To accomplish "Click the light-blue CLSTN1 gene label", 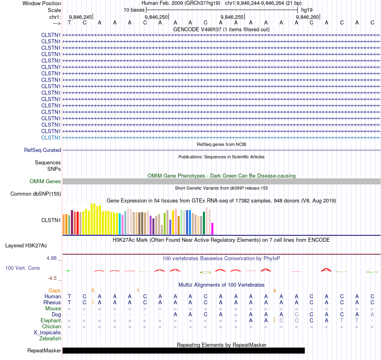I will (x=51, y=138).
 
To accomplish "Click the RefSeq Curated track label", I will (x=43, y=150).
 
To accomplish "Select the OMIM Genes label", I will (x=45, y=182).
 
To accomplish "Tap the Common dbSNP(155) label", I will (x=35, y=194).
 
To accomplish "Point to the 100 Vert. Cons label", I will (x=22, y=268).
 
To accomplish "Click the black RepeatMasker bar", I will (x=184, y=350).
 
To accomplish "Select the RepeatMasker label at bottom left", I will (x=44, y=351).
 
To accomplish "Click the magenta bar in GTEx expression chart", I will (x=213, y=229).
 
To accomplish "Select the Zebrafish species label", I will (x=50, y=339).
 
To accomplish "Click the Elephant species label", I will (x=51, y=321).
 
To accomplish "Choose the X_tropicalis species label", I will (x=47, y=333).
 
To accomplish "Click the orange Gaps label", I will (x=55, y=290).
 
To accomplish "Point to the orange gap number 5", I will (x=93, y=290).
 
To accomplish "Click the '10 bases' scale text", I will (x=134, y=10).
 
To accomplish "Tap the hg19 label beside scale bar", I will (x=307, y=10).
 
